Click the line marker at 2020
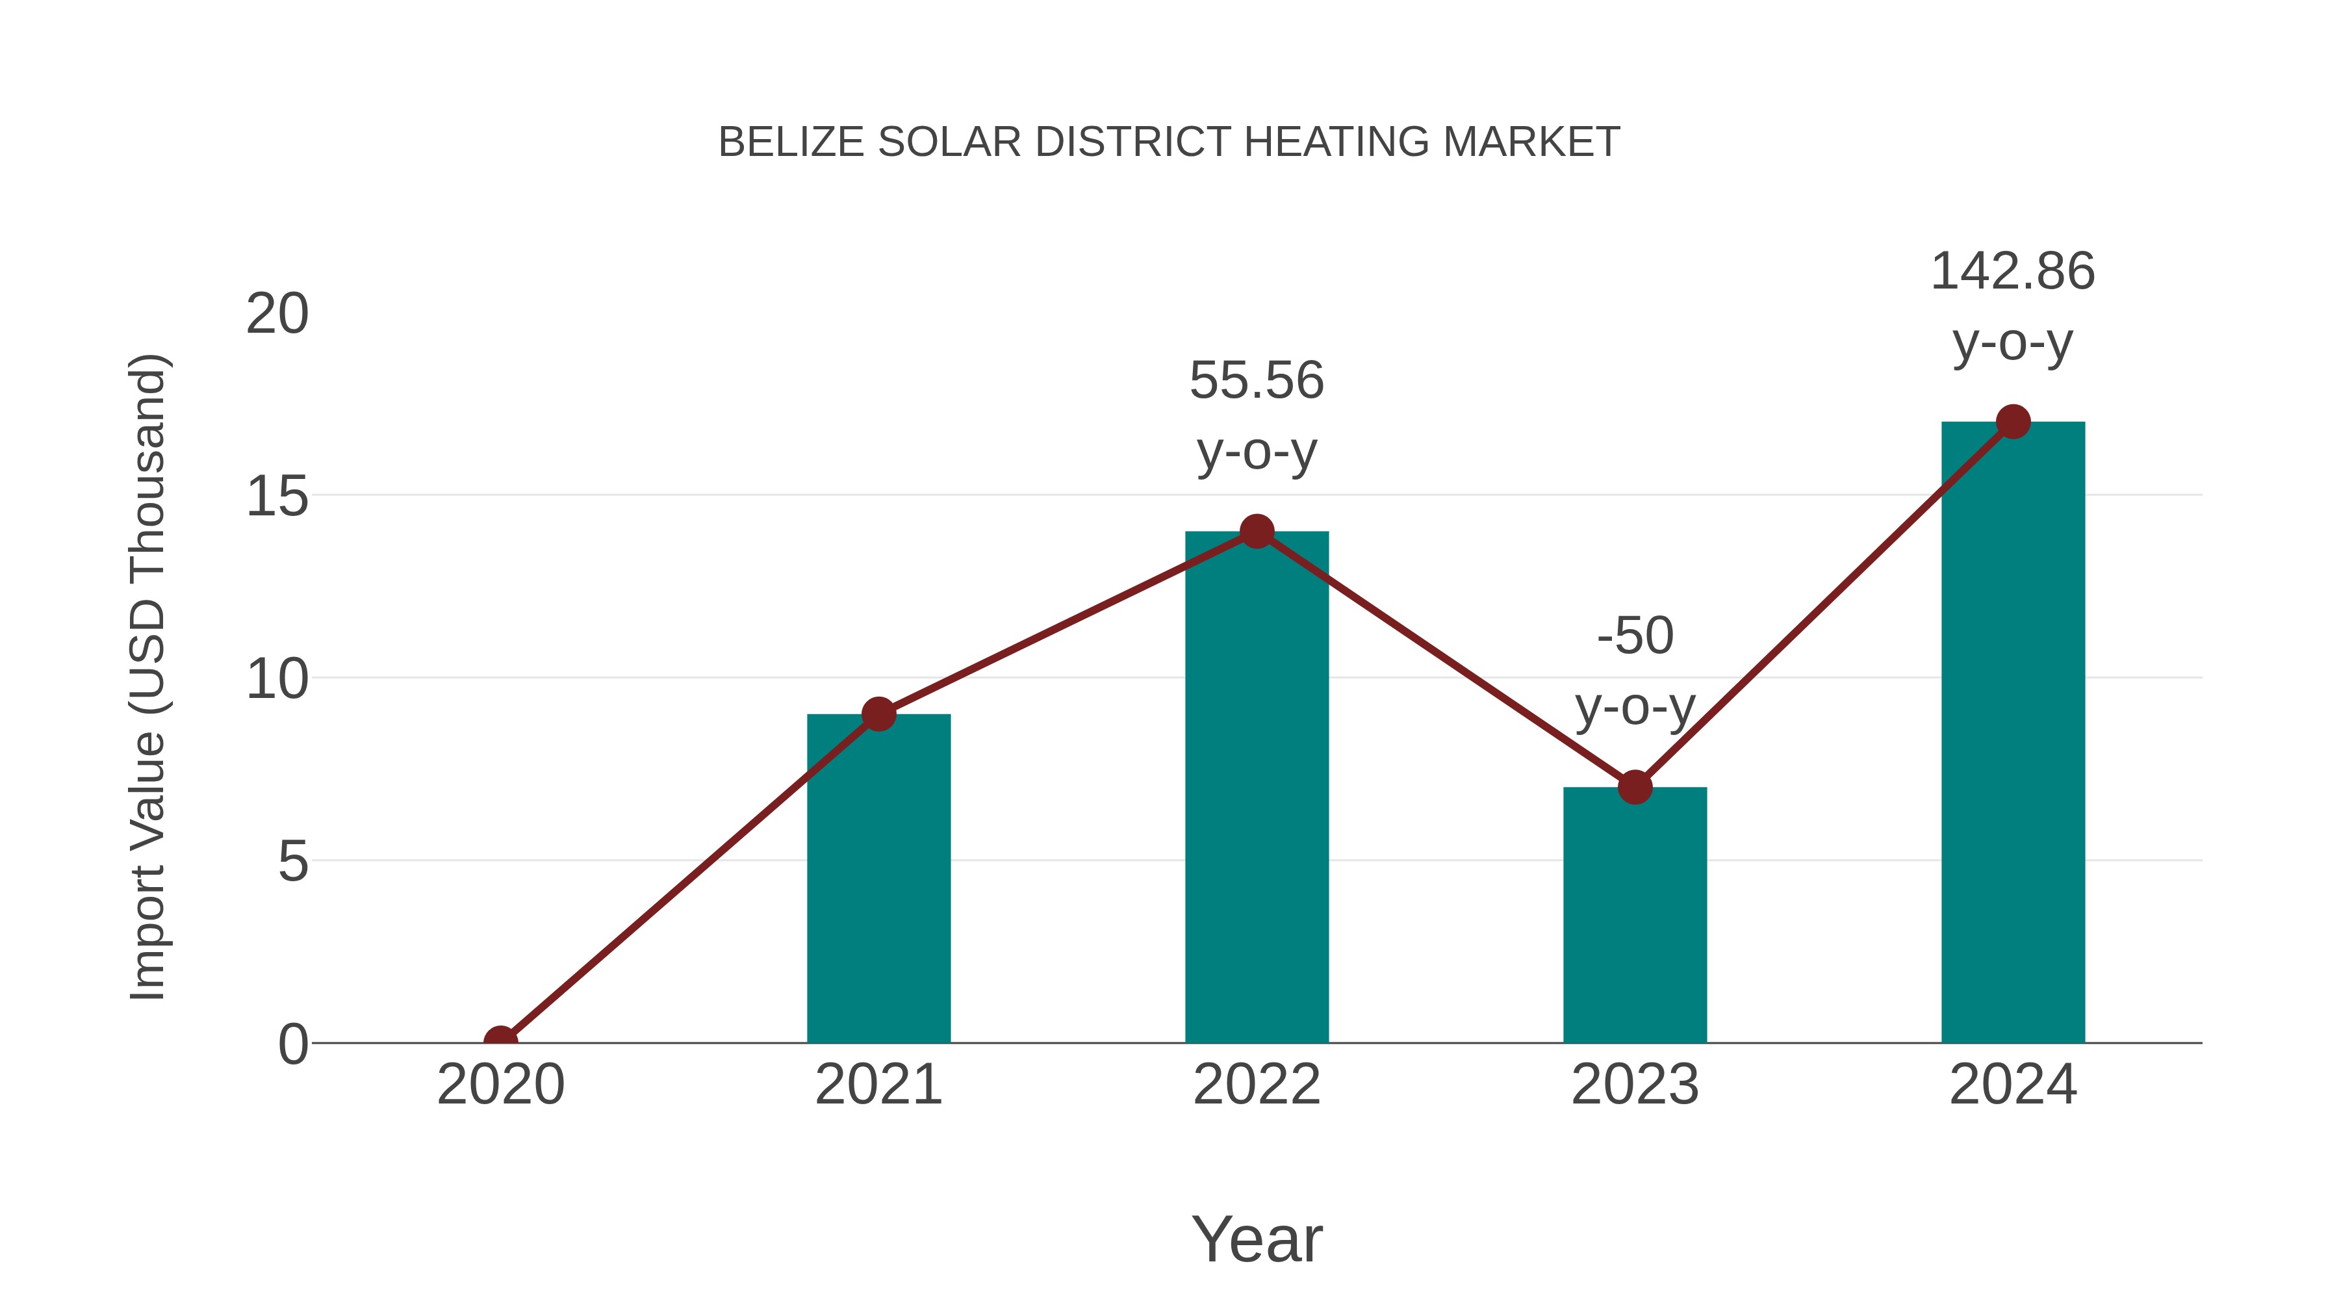click(501, 1041)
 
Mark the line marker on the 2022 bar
click(1257, 532)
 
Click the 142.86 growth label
click(2012, 272)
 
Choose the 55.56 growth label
click(1257, 381)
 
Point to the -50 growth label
click(1635, 636)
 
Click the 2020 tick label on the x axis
click(501, 1085)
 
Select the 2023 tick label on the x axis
click(1635, 1085)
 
